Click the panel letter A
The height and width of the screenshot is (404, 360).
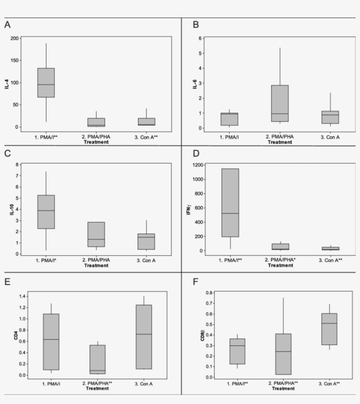7,25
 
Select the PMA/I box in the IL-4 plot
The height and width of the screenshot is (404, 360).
46,82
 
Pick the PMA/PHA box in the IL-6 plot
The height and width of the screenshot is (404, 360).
280,103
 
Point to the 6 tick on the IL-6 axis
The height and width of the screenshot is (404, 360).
200,38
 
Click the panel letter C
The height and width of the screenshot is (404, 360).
7,153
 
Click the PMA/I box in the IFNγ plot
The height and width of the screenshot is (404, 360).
230,203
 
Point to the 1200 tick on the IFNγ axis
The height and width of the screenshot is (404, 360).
197,165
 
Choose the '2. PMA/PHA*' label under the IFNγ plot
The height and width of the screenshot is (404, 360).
280,260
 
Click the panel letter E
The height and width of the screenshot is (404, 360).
7,281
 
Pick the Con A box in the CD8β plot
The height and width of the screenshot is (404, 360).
329,329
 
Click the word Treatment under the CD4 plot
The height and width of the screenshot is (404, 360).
97,388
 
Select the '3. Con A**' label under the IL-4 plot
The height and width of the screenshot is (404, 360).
146,137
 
